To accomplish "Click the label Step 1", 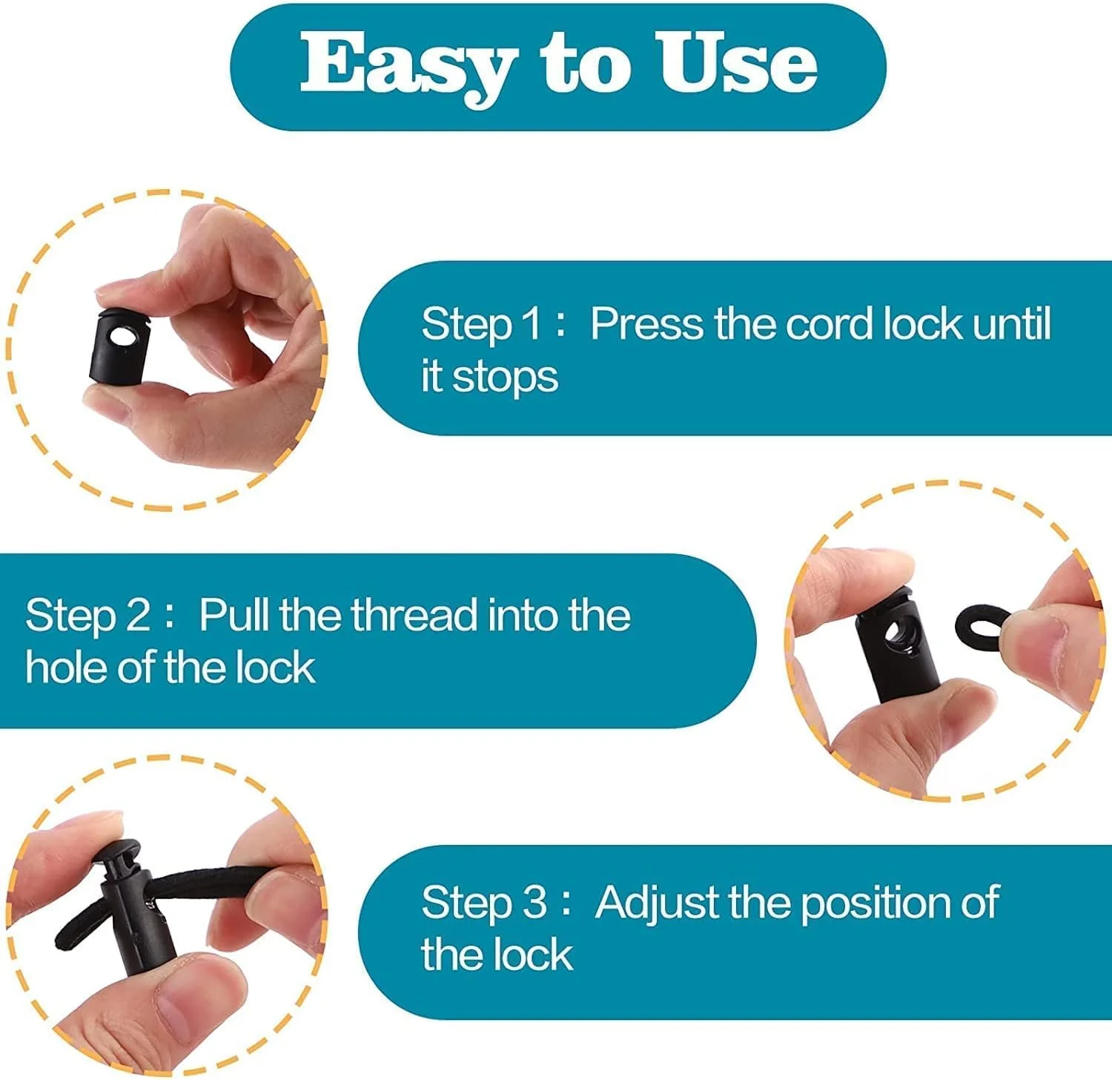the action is (x=482, y=324).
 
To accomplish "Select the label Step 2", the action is (x=87, y=616).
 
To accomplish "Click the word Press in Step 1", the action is (x=646, y=324).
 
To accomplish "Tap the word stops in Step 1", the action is (x=505, y=378).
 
